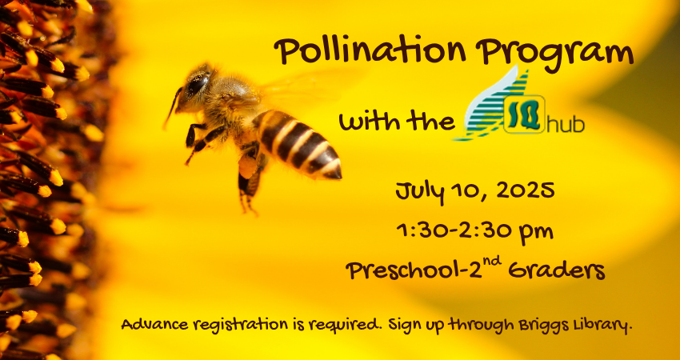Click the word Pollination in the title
[x=370, y=50]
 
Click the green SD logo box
[x=524, y=114]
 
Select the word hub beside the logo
[x=566, y=125]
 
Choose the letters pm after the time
[x=538, y=234]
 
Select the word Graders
[x=557, y=271]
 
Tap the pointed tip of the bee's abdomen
[x=338, y=175]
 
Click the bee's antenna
[x=172, y=106]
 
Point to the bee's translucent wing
[x=303, y=89]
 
